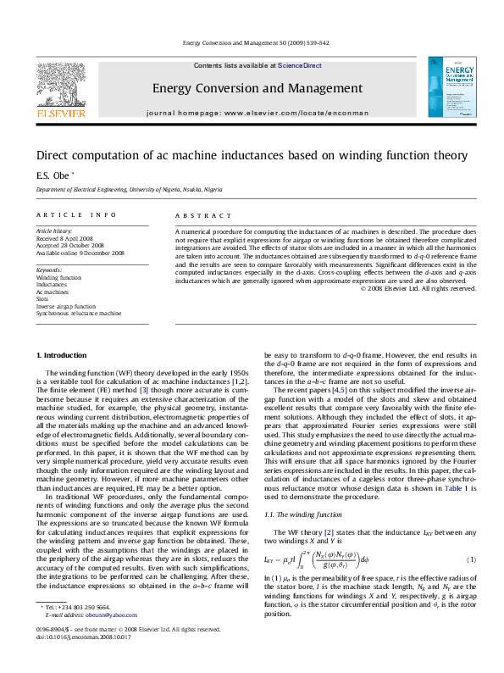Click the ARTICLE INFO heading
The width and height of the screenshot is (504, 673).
tap(64, 216)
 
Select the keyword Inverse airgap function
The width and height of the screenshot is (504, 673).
tap(65, 306)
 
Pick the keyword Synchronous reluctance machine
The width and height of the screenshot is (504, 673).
tap(79, 314)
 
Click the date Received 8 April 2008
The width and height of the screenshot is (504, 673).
tap(64, 238)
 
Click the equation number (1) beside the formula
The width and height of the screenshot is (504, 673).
tap(471, 559)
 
